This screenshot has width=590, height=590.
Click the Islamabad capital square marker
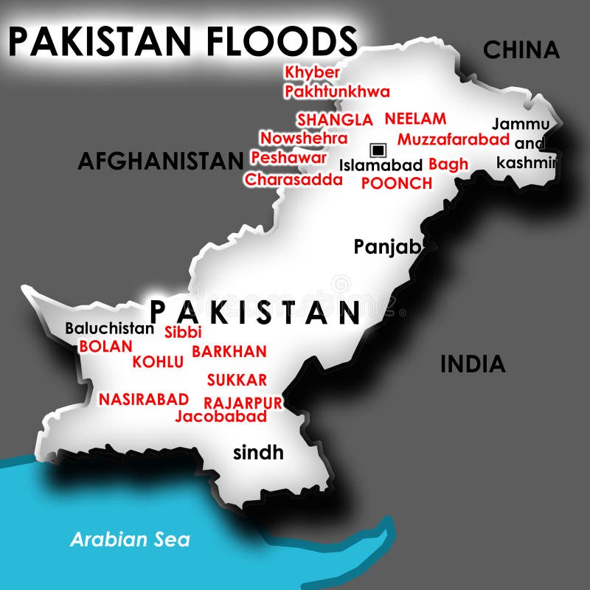(x=378, y=150)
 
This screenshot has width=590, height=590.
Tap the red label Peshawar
(x=288, y=158)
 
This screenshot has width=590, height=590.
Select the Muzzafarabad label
(x=454, y=139)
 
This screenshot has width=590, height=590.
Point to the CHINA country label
(x=521, y=50)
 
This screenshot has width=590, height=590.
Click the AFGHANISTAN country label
(x=161, y=160)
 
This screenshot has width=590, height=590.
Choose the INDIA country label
(x=473, y=364)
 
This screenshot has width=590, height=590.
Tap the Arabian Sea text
(x=130, y=539)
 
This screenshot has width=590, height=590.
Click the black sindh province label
(x=258, y=452)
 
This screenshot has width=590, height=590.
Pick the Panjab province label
(x=386, y=246)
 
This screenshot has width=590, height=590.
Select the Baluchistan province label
(x=110, y=329)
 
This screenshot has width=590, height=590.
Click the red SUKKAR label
(x=237, y=381)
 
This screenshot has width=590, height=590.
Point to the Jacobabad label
(x=221, y=417)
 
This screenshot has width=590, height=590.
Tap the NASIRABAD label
(x=144, y=399)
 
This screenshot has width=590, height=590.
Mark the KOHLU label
(x=158, y=361)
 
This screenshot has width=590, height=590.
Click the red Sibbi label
(x=183, y=332)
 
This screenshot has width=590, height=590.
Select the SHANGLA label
(x=335, y=119)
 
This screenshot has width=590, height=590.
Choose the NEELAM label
(x=415, y=118)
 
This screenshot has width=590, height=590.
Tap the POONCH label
(x=396, y=183)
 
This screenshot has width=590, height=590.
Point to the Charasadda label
(x=294, y=179)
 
